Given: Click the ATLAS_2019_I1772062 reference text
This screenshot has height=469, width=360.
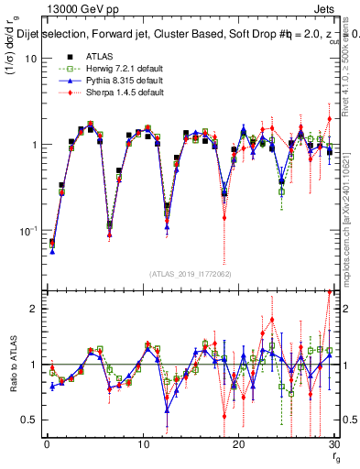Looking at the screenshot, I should click(191, 273).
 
